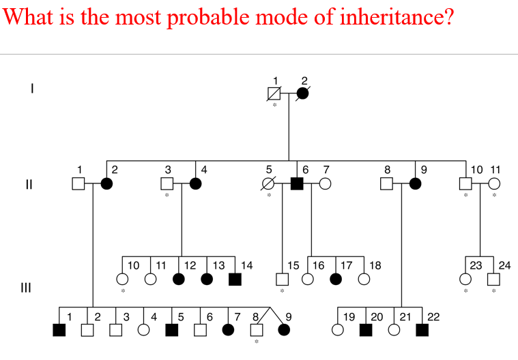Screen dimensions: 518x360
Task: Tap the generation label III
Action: click(27, 287)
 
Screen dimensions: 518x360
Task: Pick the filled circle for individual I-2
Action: click(302, 93)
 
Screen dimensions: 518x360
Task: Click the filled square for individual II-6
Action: click(297, 183)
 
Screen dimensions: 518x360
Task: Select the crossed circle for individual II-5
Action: click(269, 183)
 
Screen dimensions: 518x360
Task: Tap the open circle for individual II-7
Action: click(326, 183)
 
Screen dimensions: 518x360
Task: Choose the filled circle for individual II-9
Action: click(415, 183)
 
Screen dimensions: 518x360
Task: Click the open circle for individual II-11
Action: click(493, 183)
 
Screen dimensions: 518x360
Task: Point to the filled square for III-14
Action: click(234, 279)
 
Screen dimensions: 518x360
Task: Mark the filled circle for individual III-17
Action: click(335, 279)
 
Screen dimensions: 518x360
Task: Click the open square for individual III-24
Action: click(493, 279)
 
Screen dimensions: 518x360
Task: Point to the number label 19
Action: click(349, 316)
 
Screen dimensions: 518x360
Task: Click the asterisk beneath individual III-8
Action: click(257, 343)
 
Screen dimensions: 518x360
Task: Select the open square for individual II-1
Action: click(78, 183)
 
